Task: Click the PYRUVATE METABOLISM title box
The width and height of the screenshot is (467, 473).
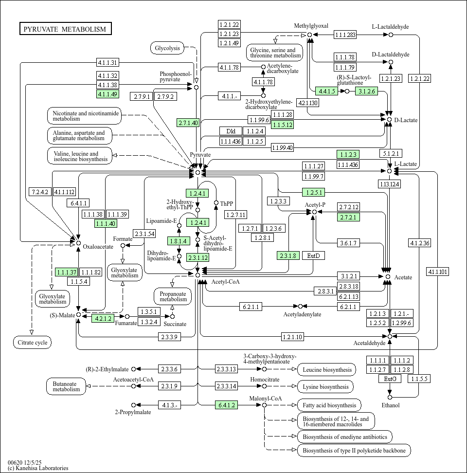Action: pyautogui.click(x=65, y=29)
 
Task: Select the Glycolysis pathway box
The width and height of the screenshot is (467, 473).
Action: pyautogui.click(x=167, y=48)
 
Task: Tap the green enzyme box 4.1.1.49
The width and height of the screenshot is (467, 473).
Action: pyautogui.click(x=108, y=94)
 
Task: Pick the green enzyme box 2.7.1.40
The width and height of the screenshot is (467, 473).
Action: pyautogui.click(x=188, y=123)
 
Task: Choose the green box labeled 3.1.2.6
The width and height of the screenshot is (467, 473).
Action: pyautogui.click(x=367, y=91)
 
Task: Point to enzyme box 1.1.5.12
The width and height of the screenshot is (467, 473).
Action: pyautogui.click(x=282, y=125)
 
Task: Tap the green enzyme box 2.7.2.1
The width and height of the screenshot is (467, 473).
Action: pyautogui.click(x=348, y=217)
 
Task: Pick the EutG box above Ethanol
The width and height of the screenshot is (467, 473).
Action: pyautogui.click(x=390, y=379)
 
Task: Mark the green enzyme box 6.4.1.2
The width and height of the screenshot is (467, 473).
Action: pyautogui.click(x=227, y=404)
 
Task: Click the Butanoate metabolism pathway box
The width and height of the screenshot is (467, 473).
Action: pyautogui.click(x=66, y=386)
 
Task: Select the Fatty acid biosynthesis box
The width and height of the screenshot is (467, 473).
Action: pyautogui.click(x=329, y=405)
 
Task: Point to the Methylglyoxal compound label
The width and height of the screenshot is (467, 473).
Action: pyautogui.click(x=311, y=26)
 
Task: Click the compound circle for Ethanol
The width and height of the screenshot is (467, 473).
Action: pyautogui.click(x=390, y=398)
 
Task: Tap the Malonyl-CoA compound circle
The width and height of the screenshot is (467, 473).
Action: pyautogui.click(x=264, y=405)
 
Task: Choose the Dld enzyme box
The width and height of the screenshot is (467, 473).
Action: pyautogui.click(x=231, y=131)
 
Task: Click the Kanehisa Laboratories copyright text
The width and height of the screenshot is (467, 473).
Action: pyautogui.click(x=38, y=468)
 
